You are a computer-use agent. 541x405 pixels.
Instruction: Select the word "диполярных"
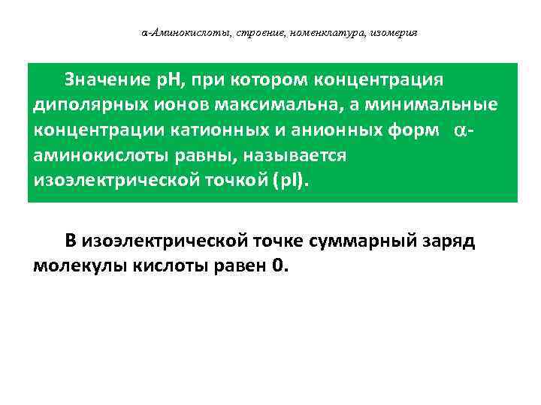(80, 105)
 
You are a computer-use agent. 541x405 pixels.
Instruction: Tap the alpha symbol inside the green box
(461, 130)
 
